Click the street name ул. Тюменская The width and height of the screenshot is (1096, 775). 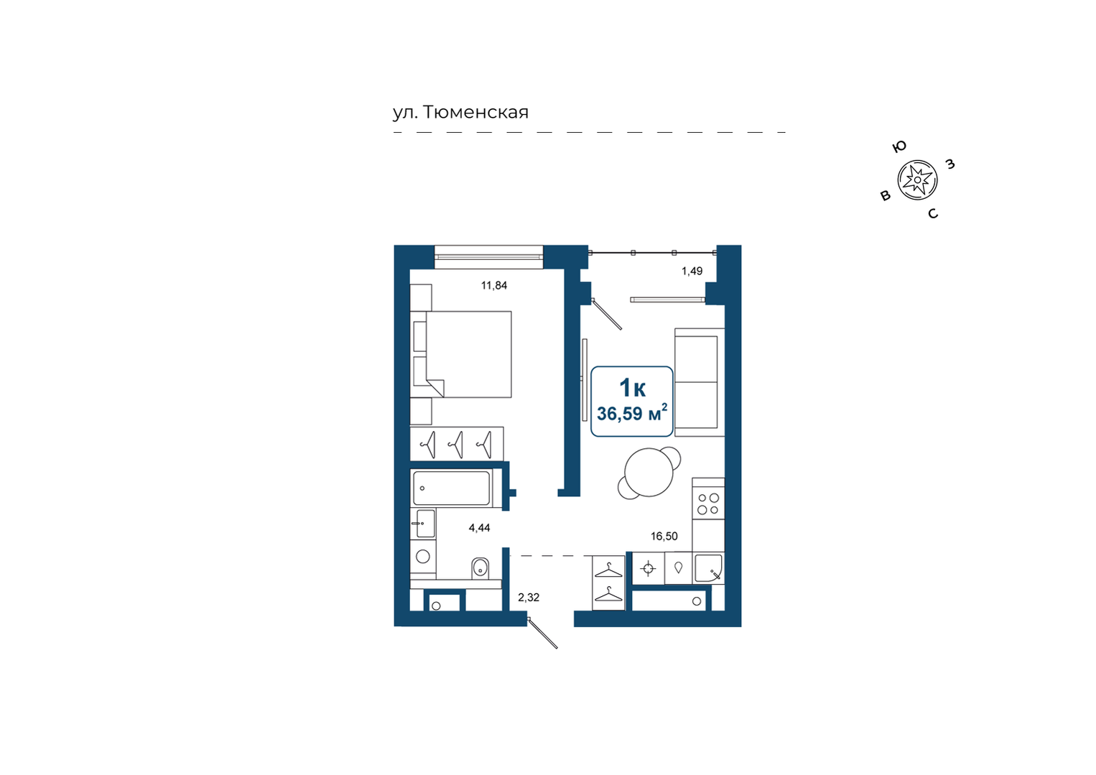(x=460, y=113)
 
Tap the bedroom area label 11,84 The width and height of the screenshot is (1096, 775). (x=493, y=285)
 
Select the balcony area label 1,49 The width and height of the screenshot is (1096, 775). (x=692, y=271)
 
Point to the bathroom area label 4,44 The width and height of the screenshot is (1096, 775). (x=479, y=528)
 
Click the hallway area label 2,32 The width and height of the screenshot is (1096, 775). (x=529, y=598)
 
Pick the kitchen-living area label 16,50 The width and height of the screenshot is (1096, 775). (x=664, y=537)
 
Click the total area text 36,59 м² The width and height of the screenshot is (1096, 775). (x=631, y=414)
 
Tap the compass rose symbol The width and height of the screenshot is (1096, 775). (x=917, y=180)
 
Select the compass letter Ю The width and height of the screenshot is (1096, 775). (x=899, y=147)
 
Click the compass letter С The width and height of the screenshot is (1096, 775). (x=933, y=214)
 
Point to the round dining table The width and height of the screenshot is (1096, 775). (x=649, y=473)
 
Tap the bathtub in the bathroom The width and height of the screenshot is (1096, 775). (x=451, y=488)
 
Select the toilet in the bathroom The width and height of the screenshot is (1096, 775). (x=480, y=568)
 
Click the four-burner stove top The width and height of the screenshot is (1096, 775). (x=708, y=504)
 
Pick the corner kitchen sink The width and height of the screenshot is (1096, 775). (x=708, y=568)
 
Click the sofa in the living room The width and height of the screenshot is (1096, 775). (x=700, y=382)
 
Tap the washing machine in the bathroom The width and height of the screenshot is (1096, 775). (x=423, y=557)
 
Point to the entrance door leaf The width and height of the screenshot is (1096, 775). (x=543, y=634)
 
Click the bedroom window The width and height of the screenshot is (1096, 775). (x=489, y=257)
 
